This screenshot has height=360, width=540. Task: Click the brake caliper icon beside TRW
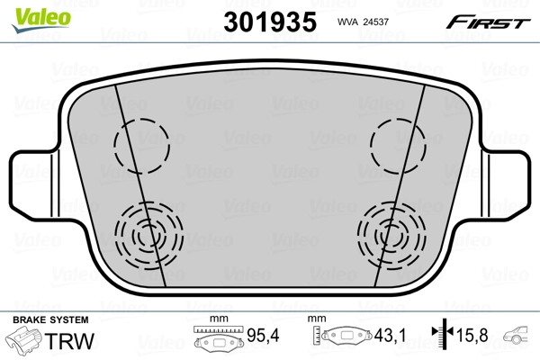pyautogui.click(x=27, y=341)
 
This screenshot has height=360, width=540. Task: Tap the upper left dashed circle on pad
pyautogui.click(x=140, y=143)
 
